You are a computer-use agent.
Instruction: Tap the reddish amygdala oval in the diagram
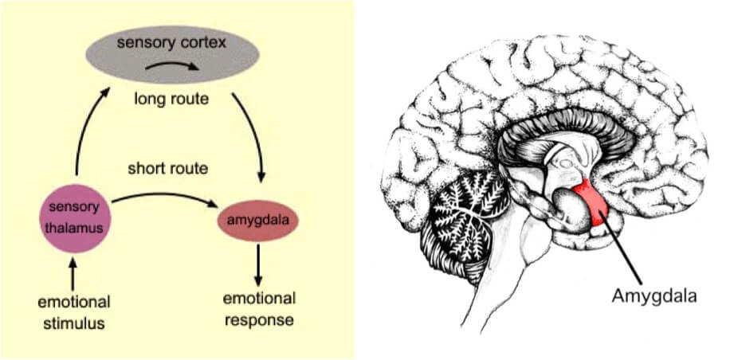point(258,217)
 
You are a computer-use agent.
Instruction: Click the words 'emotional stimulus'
point(73,312)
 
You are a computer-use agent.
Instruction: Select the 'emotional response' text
point(258,309)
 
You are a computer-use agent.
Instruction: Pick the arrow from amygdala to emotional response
point(258,265)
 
